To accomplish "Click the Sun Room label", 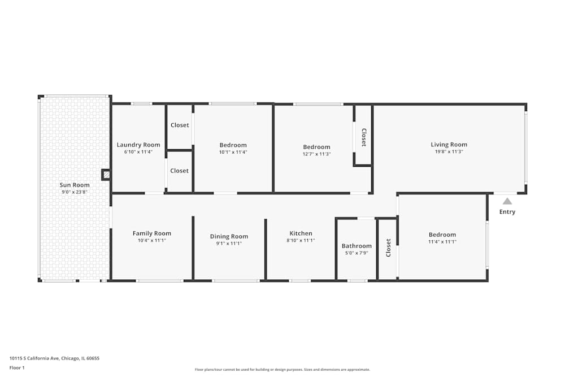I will pos(75,185).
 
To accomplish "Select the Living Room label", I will pos(449,144).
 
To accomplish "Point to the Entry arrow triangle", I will pos(507,201).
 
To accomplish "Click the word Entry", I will pos(507,212).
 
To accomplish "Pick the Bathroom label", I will pos(357,246).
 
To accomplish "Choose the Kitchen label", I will pos(301,233).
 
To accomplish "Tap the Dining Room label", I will pos(229,236).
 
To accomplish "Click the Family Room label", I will pos(152,233).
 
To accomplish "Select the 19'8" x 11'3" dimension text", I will pos(449,151).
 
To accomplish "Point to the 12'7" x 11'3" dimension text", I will pos(316,154).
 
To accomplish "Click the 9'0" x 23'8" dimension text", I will pos(75,192).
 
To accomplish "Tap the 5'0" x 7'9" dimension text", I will pos(357,253).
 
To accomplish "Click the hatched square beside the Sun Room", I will pos(106,175).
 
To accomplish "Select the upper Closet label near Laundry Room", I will pos(180,125).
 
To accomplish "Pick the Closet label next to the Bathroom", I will pos(388,248).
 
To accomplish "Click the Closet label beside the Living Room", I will pos(364,137).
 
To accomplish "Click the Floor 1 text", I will pos(18,367).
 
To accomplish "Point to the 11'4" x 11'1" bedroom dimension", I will pos(442,242).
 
